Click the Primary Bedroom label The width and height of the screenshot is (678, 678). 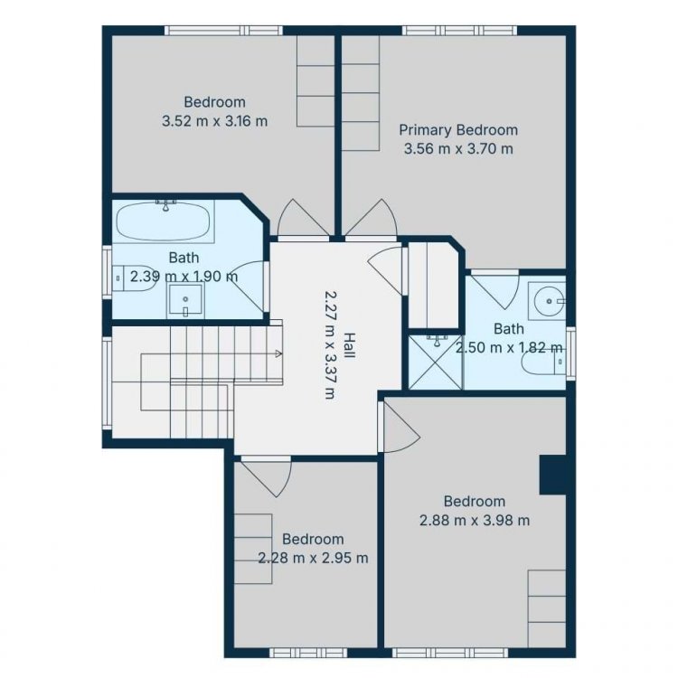pos(458,130)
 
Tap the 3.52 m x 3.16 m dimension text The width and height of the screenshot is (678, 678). pos(215,120)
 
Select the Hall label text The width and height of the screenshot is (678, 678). pos(349,345)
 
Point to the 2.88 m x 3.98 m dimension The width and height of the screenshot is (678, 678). pos(475,520)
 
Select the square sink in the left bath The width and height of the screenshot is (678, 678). pos(185,299)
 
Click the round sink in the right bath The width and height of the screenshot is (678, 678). pos(549,300)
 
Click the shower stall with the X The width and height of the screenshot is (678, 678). pos(436,361)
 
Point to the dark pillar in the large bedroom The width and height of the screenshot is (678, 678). pos(552,475)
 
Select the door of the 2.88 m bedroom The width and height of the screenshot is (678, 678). pos(400,426)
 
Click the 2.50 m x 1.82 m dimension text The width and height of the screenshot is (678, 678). pos(509,347)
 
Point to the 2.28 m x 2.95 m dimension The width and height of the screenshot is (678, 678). pos(313,558)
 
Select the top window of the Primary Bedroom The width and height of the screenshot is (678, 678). pos(459,30)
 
